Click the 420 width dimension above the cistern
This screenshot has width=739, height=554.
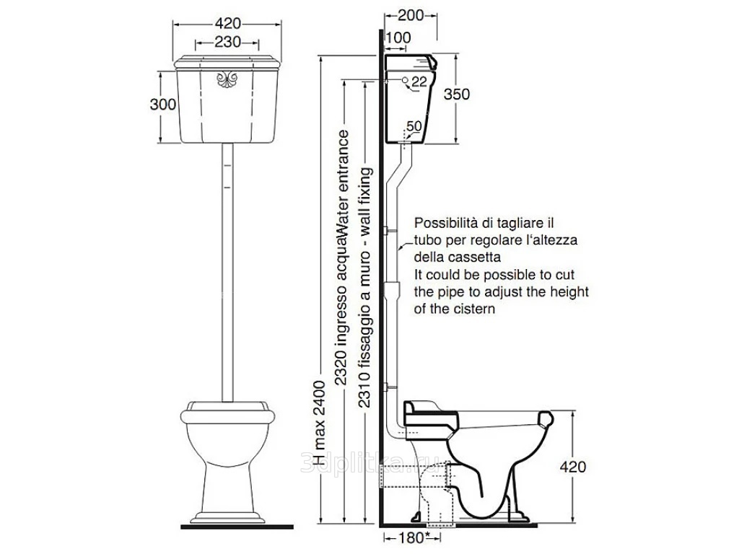[x=227, y=23]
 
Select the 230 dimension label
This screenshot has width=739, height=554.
[x=227, y=43]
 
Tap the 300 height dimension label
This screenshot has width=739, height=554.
[x=163, y=104]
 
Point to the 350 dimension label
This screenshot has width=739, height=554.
[x=457, y=94]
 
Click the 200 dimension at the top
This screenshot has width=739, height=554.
[x=411, y=16]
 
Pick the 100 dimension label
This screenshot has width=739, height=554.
[x=398, y=38]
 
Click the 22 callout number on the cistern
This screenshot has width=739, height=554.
[x=419, y=82]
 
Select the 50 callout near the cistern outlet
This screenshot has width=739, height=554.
[x=414, y=126]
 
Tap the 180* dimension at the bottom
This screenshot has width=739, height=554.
[x=414, y=537]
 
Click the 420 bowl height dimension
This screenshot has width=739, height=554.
[x=572, y=467]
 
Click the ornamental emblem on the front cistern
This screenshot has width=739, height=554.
[x=227, y=79]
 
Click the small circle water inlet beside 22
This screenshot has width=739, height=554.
[x=406, y=80]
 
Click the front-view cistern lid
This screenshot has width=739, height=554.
[x=227, y=62]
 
